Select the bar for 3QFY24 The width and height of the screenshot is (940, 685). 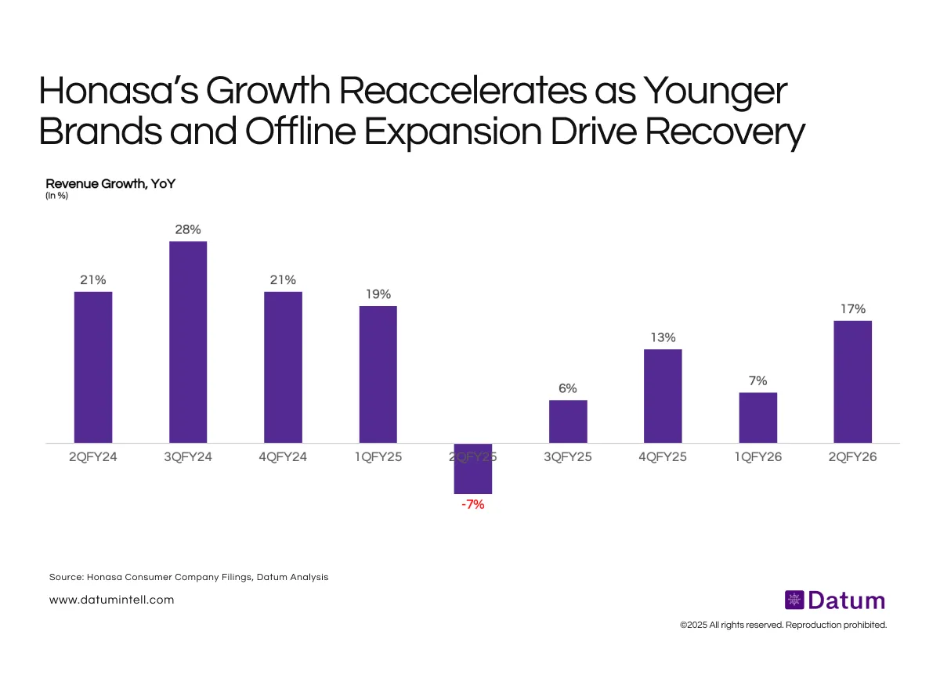pyautogui.click(x=188, y=342)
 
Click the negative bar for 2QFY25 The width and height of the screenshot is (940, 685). pyautogui.click(x=473, y=468)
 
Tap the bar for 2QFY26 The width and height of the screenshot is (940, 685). pyautogui.click(x=852, y=382)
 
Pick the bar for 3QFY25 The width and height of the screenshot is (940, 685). pyautogui.click(x=568, y=421)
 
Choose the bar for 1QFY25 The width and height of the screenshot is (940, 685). pyautogui.click(x=378, y=374)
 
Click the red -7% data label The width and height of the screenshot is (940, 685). pyautogui.click(x=473, y=505)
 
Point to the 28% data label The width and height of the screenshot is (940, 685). pyautogui.click(x=188, y=229)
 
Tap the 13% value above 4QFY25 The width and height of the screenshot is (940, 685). pyautogui.click(x=663, y=337)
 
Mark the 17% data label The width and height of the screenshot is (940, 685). pyautogui.click(x=852, y=308)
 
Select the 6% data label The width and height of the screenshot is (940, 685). pyautogui.click(x=568, y=388)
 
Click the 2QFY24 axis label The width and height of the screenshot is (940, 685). pyautogui.click(x=93, y=456)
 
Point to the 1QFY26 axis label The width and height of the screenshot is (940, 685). pyautogui.click(x=757, y=456)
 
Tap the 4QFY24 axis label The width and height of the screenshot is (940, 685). pyautogui.click(x=283, y=456)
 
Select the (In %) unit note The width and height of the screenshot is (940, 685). pyautogui.click(x=57, y=196)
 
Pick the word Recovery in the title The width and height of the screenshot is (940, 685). pyautogui.click(x=724, y=132)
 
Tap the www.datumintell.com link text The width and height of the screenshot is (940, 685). pyautogui.click(x=111, y=600)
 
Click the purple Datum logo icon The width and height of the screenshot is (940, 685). pyautogui.click(x=794, y=600)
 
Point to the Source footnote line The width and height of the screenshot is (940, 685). pyautogui.click(x=189, y=577)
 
